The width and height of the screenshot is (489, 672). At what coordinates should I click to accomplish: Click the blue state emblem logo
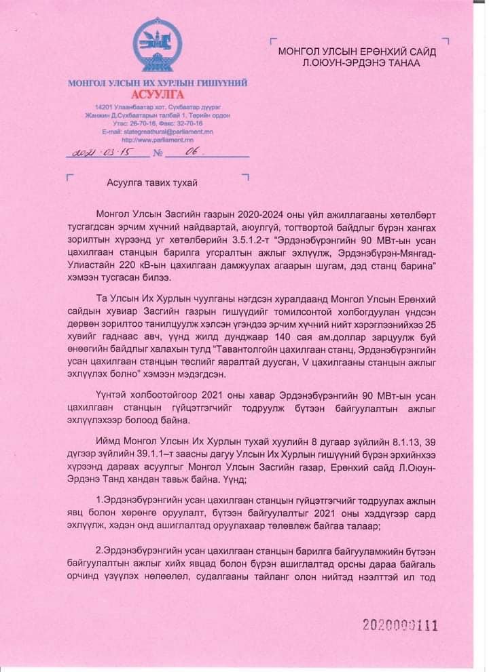pyautogui.click(x=158, y=47)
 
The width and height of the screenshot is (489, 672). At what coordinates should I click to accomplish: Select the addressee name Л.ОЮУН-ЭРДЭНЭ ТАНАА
pyautogui.click(x=362, y=63)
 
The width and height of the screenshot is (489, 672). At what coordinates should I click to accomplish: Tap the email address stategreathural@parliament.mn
pyautogui.click(x=158, y=132)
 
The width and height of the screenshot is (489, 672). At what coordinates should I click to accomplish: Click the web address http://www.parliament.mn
pyautogui.click(x=158, y=140)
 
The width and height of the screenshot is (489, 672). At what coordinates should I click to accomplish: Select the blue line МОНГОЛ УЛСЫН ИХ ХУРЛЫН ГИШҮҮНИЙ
pyautogui.click(x=158, y=83)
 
